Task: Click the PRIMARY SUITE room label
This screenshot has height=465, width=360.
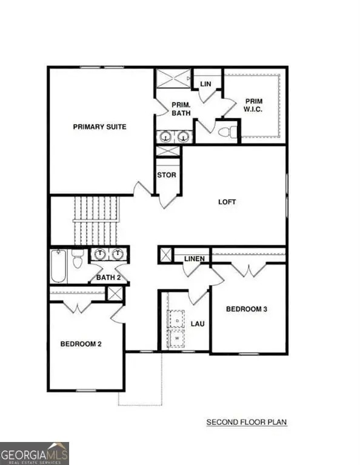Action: tap(99, 127)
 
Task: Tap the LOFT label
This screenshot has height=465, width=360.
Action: tap(227, 202)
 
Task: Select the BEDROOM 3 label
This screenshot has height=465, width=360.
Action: tap(247, 309)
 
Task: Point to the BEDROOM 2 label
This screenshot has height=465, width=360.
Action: tap(81, 344)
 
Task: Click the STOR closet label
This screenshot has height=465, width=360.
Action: tap(167, 176)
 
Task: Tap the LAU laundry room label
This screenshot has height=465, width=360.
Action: tap(198, 324)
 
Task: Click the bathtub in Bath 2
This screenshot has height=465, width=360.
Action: tap(58, 266)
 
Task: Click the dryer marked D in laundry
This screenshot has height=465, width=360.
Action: tap(176, 317)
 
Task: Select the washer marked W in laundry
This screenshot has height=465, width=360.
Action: tap(176, 338)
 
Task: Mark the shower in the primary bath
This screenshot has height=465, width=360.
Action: tap(172, 79)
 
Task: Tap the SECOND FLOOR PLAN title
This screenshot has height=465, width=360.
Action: tap(246, 422)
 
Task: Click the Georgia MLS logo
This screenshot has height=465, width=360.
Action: tap(35, 453)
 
